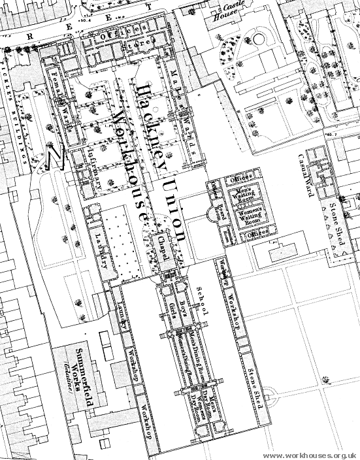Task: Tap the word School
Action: pyautogui.click(x=202, y=304)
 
